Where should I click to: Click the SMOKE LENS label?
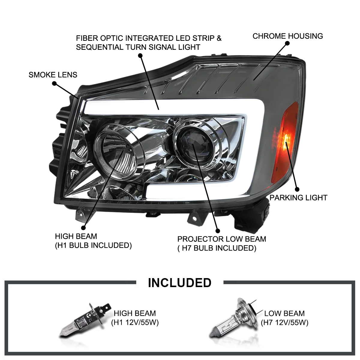point(53,75)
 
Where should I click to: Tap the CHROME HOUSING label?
point(287,36)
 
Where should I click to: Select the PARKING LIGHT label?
point(298,198)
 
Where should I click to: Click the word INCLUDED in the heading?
point(180,283)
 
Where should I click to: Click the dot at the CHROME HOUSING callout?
point(287,43)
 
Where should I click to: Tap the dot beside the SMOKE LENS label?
point(54,84)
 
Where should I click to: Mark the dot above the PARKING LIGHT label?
point(297,189)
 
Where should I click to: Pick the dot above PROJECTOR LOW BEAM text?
point(218,231)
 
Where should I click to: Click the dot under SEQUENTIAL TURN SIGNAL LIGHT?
point(140,55)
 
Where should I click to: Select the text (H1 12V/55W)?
point(135,323)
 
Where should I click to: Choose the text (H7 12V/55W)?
point(284,323)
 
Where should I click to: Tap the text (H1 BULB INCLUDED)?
point(93,245)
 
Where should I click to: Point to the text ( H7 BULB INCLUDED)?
point(217,248)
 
